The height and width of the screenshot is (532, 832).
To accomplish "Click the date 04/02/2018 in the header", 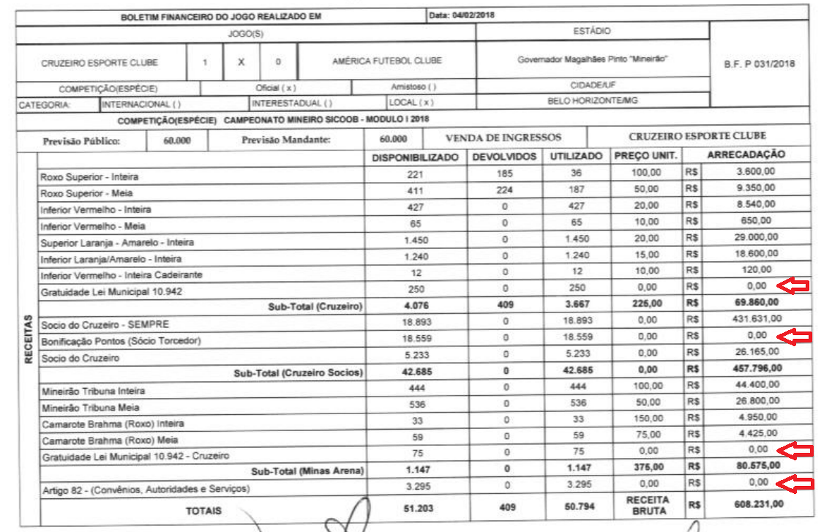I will pos(473,15).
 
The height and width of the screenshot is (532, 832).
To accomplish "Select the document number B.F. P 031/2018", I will pos(759,64).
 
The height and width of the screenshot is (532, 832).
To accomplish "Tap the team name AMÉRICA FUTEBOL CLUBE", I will pos(387,61).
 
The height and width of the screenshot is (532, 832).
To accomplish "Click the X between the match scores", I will pos(241,62).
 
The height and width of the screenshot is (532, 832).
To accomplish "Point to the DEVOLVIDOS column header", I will pos(504,157).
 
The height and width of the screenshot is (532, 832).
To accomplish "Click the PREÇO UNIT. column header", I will pos(646,156).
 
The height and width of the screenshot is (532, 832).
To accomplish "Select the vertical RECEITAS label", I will pos(28,339).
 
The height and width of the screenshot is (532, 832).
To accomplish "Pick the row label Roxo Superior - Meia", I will pos(87,193).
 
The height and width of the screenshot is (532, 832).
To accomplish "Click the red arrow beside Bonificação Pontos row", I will pos(795,337).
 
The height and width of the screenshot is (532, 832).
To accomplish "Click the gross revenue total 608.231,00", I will pos(759,504).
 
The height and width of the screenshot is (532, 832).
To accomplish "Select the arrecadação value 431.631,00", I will pos(757,319).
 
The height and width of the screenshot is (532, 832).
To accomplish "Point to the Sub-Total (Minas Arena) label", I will pos(307,471).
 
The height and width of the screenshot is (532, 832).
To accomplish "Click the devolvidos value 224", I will pos(504,190).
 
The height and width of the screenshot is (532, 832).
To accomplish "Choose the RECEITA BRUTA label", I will pos(648,505).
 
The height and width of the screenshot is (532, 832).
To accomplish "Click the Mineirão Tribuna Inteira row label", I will pos(94,391).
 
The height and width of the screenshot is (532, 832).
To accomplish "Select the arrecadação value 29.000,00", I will pos(756,237).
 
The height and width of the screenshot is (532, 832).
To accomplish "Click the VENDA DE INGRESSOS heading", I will pos(503,138).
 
